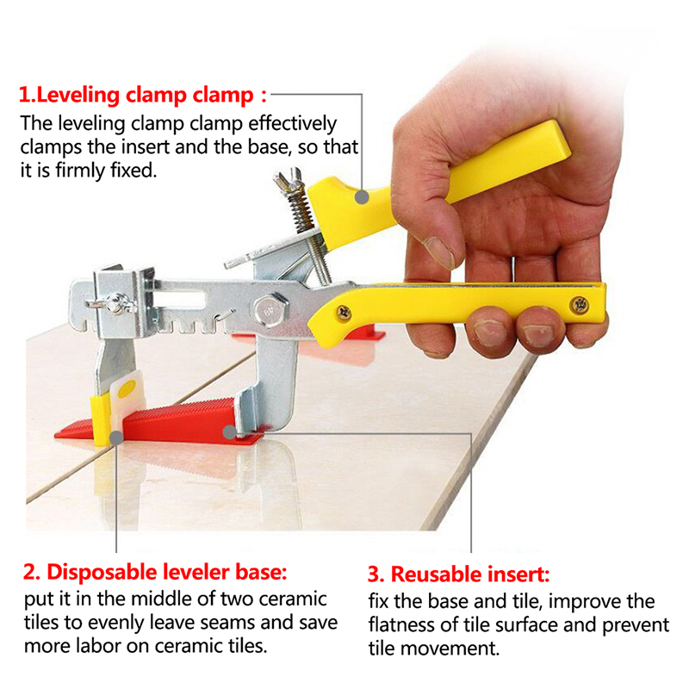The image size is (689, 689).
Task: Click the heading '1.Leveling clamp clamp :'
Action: (x=143, y=96)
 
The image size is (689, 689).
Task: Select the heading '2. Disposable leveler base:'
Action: (x=155, y=572)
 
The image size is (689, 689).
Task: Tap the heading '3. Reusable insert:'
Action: (x=458, y=574)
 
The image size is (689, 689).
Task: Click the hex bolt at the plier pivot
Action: (x=269, y=309)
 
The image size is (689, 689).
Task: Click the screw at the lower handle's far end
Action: (x=580, y=304)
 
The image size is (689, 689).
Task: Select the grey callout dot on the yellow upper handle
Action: (x=362, y=197)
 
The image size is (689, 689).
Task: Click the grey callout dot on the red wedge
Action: (x=229, y=432)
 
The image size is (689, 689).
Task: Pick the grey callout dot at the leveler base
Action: (x=116, y=438)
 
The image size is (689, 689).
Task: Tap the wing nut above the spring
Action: (x=289, y=179)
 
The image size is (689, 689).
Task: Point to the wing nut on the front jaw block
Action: (x=111, y=302)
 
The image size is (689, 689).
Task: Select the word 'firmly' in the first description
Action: (x=81, y=171)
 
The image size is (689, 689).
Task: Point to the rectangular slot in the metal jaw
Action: (x=180, y=300)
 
